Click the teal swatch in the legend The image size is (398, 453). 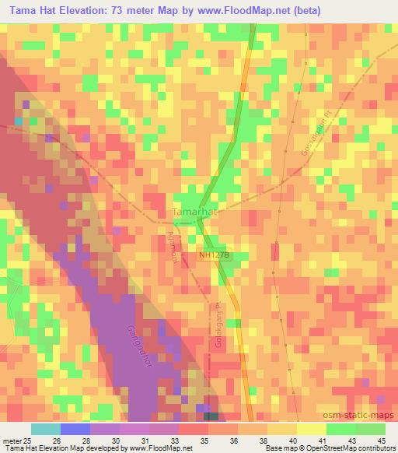pyautogui.click(x=45, y=428)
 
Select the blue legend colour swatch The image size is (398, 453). pyautogui.click(x=75, y=428)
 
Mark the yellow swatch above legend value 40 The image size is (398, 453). pyautogui.click(x=281, y=428)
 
